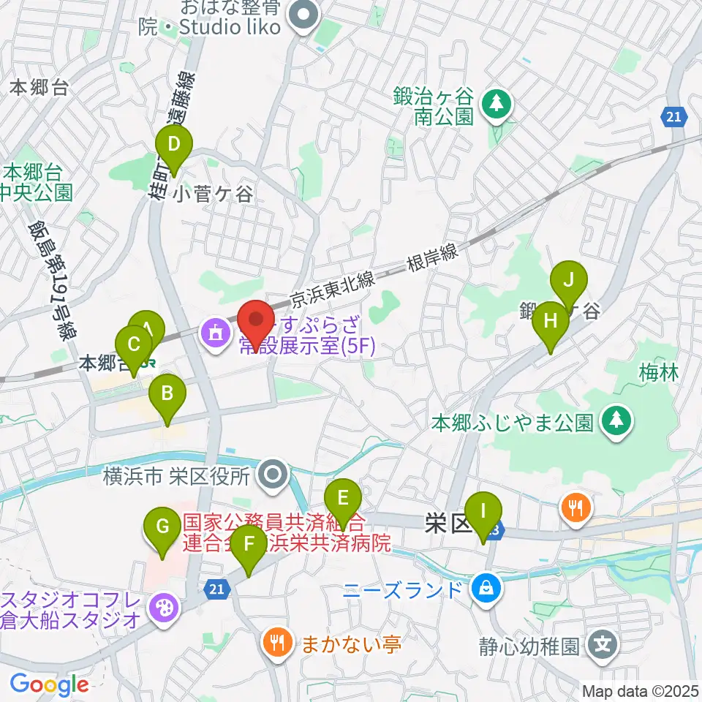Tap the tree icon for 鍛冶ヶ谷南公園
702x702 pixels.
pyautogui.click(x=497, y=103)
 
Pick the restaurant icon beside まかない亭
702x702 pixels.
pyautogui.click(x=277, y=644)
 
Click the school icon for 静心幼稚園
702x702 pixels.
pyautogui.click(x=603, y=645)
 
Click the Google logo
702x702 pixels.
pyautogui.click(x=49, y=684)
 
